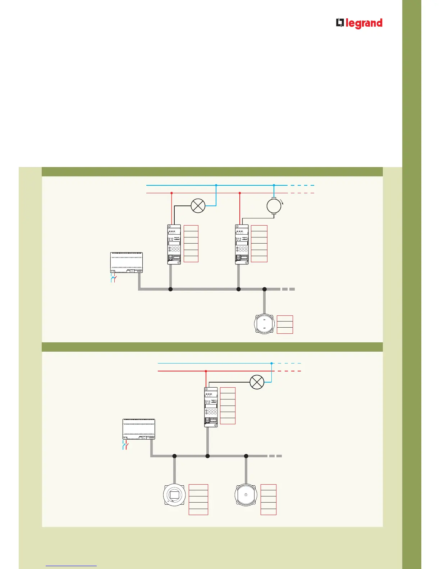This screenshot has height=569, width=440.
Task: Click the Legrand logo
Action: pos(359,23)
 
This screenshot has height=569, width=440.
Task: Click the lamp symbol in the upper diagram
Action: pos(198,206)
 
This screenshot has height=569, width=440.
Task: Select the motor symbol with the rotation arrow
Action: pos(274,206)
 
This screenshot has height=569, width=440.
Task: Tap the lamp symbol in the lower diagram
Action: pos(257,382)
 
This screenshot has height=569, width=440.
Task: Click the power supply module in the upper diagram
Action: pos(126,263)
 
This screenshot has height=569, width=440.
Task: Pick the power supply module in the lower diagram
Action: pos(139,429)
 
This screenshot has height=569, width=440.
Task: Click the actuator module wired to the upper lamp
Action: pos(174,245)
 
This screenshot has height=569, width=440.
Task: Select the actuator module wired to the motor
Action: pos(242,245)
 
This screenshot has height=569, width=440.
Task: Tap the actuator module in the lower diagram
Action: pos(211,407)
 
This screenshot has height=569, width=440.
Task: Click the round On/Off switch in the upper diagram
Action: pos(264,324)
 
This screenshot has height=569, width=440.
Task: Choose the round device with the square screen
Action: pos(174,495)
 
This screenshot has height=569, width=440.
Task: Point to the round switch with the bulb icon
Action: pos(246,495)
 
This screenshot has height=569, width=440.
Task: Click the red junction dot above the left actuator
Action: pos(171,193)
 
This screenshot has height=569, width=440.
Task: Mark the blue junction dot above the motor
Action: pos(274,185)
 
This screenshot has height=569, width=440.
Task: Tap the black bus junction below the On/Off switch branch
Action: pos(264,289)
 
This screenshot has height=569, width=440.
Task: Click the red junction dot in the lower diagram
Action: pos(206,371)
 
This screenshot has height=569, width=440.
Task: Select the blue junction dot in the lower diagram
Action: pos(271,364)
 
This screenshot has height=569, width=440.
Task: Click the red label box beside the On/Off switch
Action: pos(285,324)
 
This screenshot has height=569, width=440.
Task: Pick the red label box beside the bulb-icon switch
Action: pos(269,500)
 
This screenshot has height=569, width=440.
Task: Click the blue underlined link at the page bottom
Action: pos(72,566)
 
